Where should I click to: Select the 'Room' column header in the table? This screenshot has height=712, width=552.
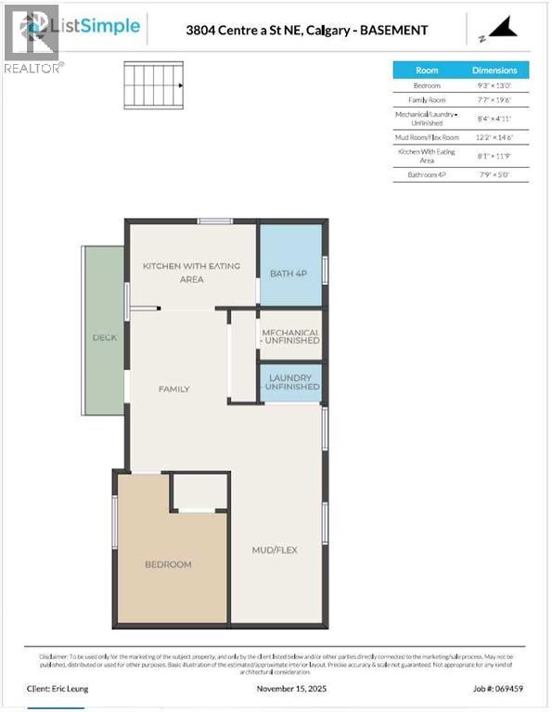click(x=427, y=70)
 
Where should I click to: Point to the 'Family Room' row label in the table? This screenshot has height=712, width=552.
click(x=427, y=100)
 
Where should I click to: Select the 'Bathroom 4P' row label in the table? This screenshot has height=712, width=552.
click(x=427, y=174)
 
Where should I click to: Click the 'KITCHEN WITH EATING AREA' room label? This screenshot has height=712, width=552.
click(x=191, y=273)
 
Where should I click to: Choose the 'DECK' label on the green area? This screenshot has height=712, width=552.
click(x=105, y=337)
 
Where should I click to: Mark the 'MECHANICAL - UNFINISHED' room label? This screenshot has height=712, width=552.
click(x=290, y=337)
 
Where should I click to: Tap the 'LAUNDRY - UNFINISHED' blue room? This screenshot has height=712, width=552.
click(x=290, y=383)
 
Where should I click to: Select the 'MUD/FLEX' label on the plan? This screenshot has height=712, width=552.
click(x=275, y=550)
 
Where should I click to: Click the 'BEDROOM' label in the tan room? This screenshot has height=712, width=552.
click(x=168, y=565)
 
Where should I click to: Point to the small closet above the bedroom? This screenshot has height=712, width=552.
click(x=199, y=491)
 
